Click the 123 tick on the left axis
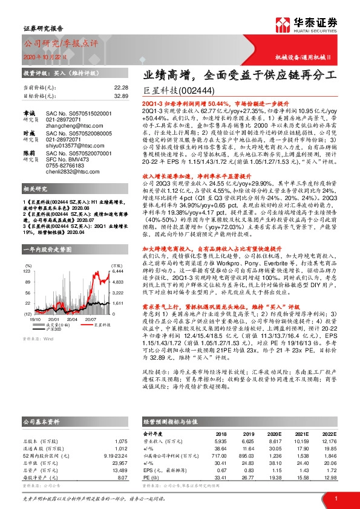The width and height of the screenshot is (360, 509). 27,272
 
